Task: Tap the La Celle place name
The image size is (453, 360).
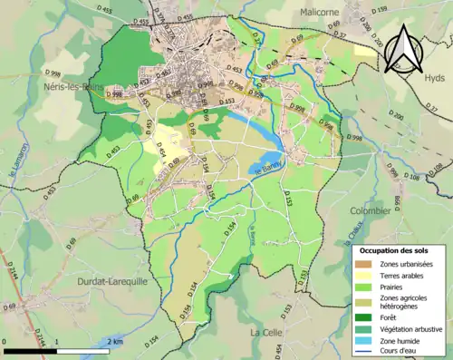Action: tap(268, 333)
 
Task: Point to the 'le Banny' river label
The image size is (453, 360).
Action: tap(266, 168)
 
